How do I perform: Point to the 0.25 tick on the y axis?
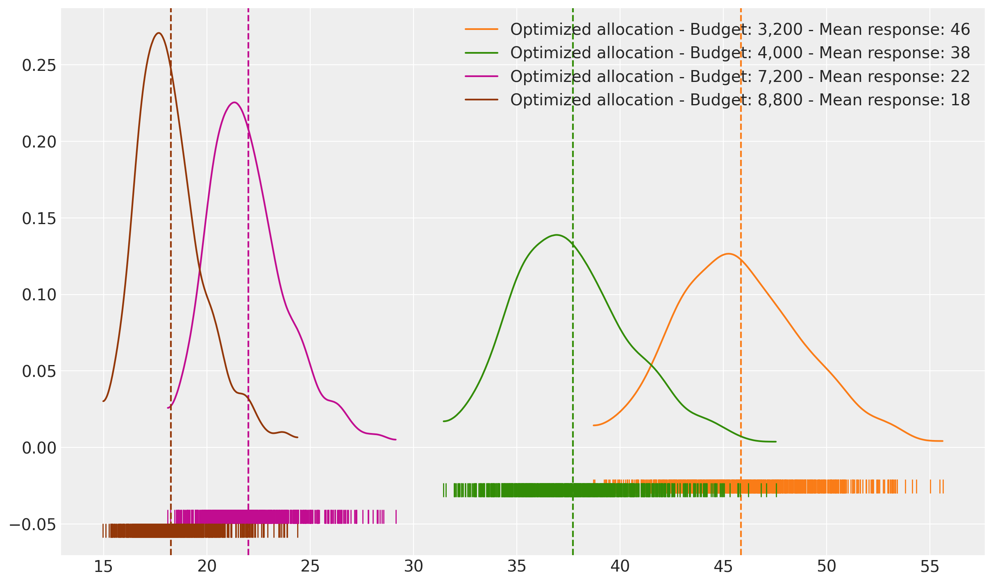pos(39,65)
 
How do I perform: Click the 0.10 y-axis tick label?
pos(39,295)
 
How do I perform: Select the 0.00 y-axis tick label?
pos(39,448)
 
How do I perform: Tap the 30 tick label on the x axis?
pos(414,567)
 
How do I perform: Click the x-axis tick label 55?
pos(930,567)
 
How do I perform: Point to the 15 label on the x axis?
pos(104,567)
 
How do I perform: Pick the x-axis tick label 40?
pos(620,567)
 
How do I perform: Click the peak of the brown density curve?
pos(159,33)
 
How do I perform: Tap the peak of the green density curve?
pos(557,235)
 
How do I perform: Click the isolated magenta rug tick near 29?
pos(396,517)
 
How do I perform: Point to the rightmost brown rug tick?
pos(298,531)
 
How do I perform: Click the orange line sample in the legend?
pos(482,29)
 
